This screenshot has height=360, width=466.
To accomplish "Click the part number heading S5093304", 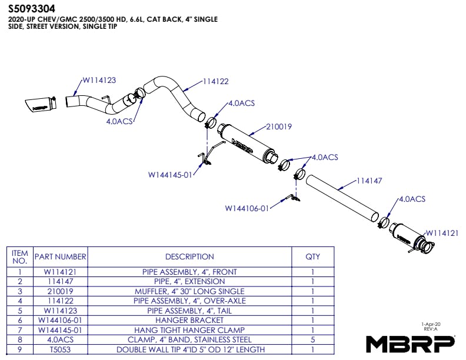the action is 32,9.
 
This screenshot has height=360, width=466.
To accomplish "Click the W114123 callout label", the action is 99,80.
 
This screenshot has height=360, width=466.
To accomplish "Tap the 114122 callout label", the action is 216,81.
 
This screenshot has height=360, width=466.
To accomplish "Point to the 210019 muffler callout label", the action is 279,127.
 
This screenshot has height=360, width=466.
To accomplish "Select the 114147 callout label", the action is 369,181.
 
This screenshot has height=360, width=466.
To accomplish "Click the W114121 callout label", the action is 442,233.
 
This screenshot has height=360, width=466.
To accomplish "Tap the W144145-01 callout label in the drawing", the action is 170,175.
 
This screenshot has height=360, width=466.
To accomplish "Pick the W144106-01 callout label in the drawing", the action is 247,208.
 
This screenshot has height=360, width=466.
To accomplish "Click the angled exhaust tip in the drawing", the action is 41,105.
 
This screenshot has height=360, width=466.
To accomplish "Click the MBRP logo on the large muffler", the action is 242,145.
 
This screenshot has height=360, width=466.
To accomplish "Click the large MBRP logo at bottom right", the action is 410,344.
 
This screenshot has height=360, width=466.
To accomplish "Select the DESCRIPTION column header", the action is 189,256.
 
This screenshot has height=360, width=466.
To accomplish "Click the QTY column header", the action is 312,256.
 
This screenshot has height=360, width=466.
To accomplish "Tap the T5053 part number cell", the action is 61,349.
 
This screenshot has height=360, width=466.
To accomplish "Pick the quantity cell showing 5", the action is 312,339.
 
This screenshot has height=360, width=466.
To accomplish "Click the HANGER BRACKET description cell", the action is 189,320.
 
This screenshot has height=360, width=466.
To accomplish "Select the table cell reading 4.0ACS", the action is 61,339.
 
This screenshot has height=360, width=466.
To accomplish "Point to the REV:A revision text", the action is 431,329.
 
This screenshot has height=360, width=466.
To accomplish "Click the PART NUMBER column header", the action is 61,256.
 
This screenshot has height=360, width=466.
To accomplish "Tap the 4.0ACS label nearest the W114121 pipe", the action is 412,199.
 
